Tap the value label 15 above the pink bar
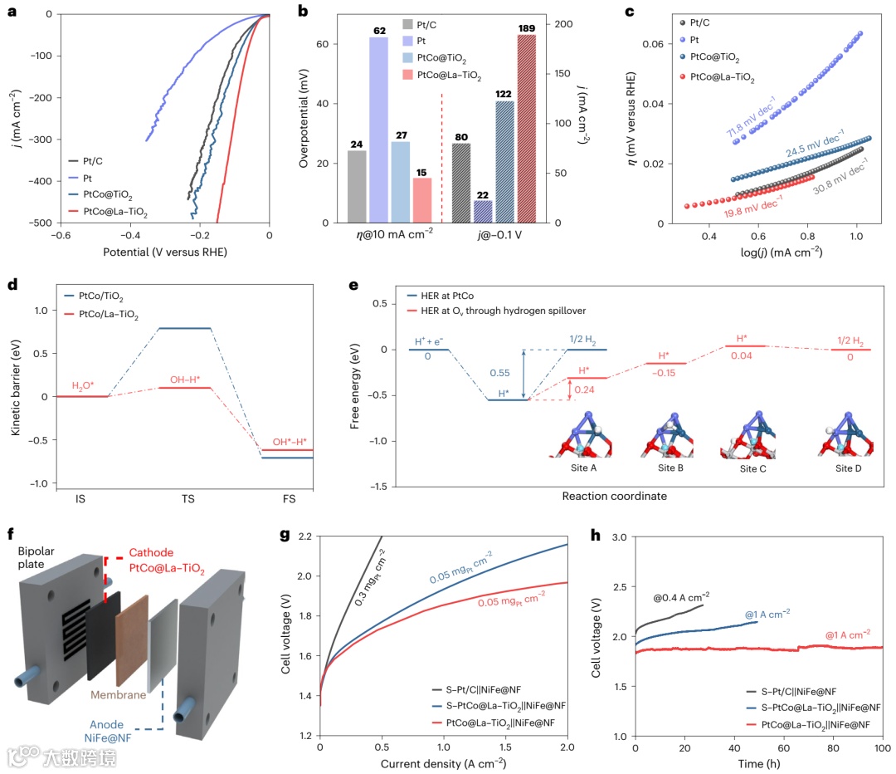pyautogui.click(x=421, y=172)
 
